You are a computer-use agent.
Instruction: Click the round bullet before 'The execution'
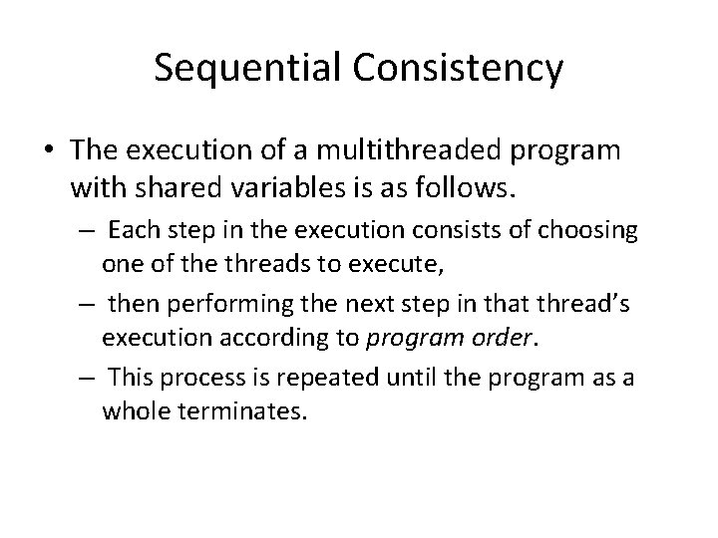pyautogui.click(x=49, y=150)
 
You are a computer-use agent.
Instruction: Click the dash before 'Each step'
pyautogui.click(x=87, y=232)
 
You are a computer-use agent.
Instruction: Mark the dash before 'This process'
pyautogui.click(x=87, y=376)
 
